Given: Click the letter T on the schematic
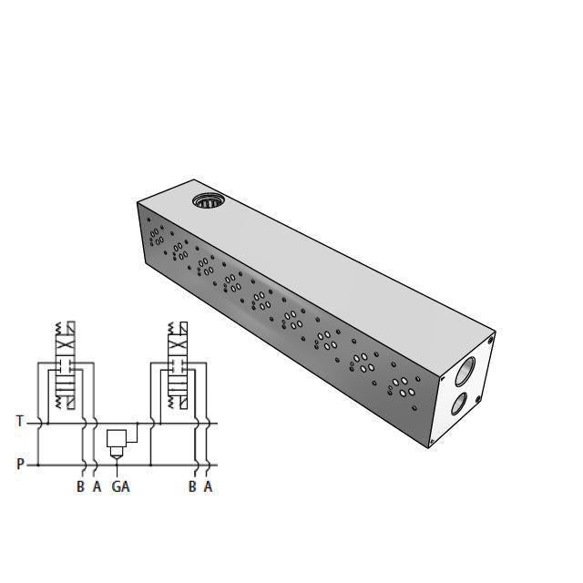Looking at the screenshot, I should [x=20, y=421].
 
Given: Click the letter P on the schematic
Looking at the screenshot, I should [x=20, y=464].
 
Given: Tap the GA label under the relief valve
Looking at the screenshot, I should [x=120, y=486].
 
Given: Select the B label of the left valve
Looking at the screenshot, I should [x=80, y=486].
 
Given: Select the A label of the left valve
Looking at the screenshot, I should [x=97, y=486].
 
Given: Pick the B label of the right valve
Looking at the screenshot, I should [x=192, y=486].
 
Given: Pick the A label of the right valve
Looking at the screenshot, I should [x=209, y=486].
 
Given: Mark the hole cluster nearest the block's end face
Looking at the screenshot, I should [x=399, y=386].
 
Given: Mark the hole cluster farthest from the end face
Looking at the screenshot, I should [x=157, y=235].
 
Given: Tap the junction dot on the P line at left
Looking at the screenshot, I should [x=36, y=465].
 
